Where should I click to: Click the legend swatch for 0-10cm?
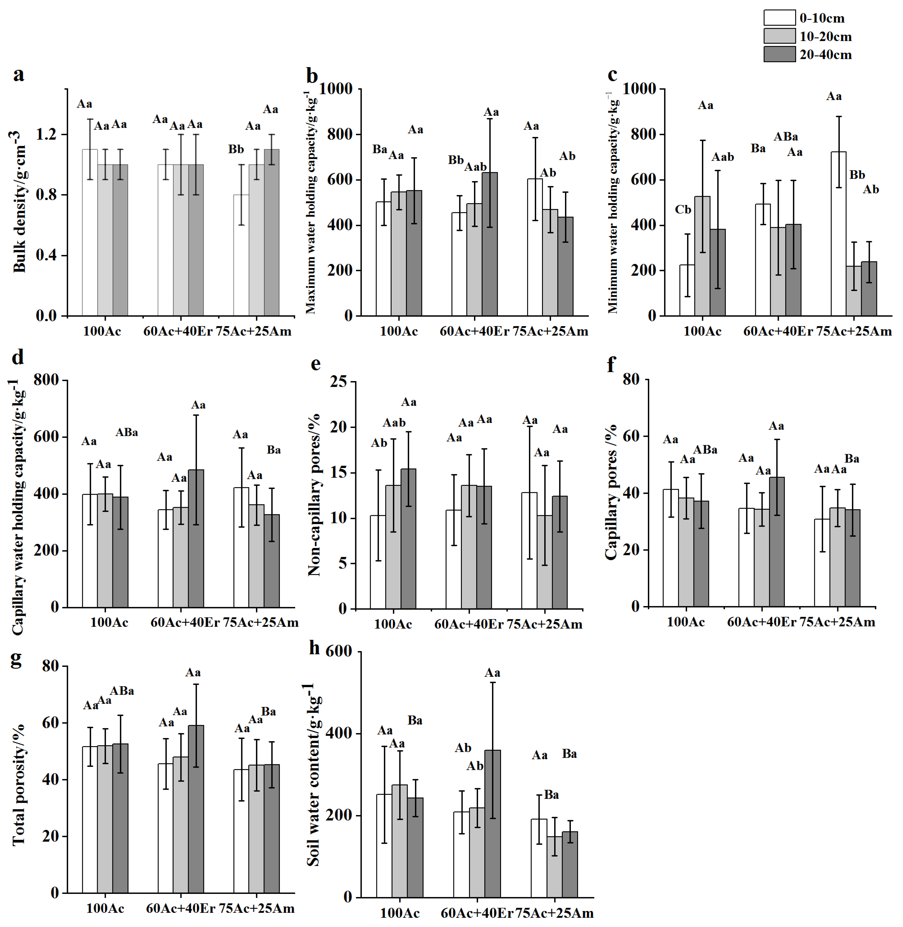779,18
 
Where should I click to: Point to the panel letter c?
612,75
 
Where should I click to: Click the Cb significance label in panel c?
683,210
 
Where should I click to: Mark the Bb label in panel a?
236,149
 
